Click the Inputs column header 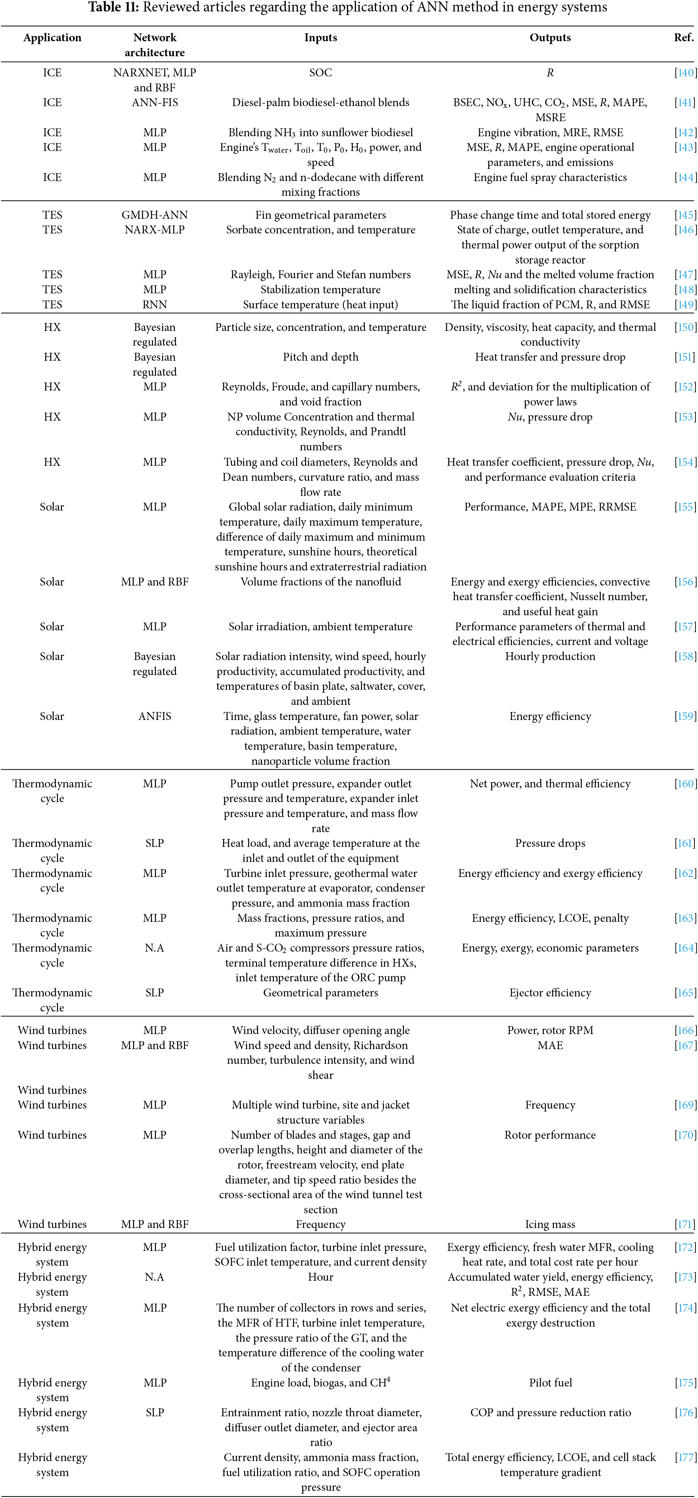pos(320,38)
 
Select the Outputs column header pos(550,38)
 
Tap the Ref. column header pos(683,38)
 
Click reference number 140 pos(685,73)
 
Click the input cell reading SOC pos(320,73)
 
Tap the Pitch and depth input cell pos(320,357)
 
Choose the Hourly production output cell pos(550,656)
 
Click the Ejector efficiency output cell pos(550,993)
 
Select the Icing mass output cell pos(550,1224)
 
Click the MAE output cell pos(550,1045)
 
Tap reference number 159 pos(685,716)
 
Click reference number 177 pos(685,1457)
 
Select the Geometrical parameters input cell pos(320,993)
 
